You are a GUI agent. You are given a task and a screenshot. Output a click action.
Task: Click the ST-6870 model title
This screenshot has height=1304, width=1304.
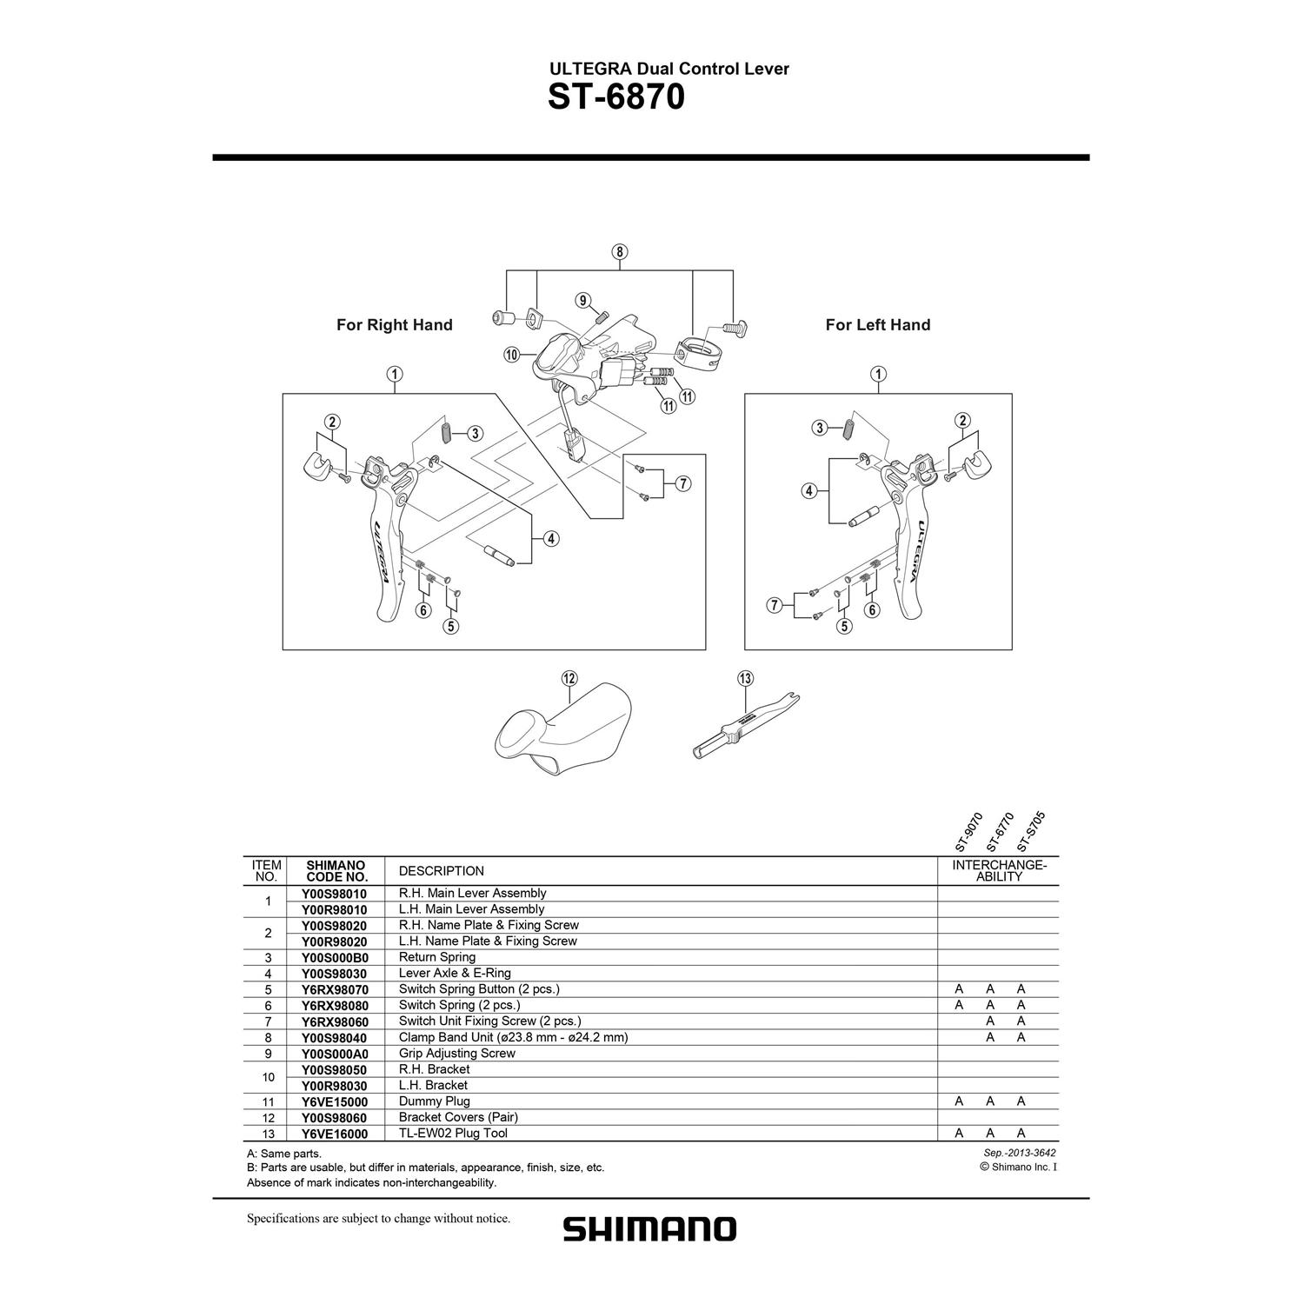(616, 97)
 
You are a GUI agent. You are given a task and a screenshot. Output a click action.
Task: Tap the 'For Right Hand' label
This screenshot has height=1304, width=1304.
(395, 325)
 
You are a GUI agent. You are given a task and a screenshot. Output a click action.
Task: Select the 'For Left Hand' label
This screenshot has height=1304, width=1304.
(878, 325)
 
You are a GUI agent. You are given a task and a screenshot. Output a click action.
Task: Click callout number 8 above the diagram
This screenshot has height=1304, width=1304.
(619, 253)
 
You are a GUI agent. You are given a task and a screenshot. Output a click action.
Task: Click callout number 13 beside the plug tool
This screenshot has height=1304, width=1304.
(745, 678)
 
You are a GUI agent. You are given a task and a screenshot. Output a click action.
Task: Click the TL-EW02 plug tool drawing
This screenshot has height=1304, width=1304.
(746, 726)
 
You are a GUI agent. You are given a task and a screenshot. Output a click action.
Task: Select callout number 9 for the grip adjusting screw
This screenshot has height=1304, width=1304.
(582, 301)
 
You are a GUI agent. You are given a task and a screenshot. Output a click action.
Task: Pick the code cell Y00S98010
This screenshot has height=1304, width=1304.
(334, 893)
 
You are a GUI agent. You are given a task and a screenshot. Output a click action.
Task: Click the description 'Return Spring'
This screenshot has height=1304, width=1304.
(437, 957)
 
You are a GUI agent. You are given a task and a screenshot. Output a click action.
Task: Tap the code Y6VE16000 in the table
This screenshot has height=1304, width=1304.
(334, 1134)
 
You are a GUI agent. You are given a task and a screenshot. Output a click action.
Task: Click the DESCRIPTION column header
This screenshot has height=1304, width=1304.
(442, 871)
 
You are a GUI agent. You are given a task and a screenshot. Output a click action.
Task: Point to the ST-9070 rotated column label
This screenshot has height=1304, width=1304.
(968, 832)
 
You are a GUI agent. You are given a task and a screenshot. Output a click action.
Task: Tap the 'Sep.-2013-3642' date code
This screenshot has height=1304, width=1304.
(1017, 1153)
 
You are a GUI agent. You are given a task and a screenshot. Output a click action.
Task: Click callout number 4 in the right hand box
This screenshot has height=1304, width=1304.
(550, 539)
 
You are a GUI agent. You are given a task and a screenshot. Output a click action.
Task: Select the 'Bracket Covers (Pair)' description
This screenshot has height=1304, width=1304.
(458, 1117)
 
